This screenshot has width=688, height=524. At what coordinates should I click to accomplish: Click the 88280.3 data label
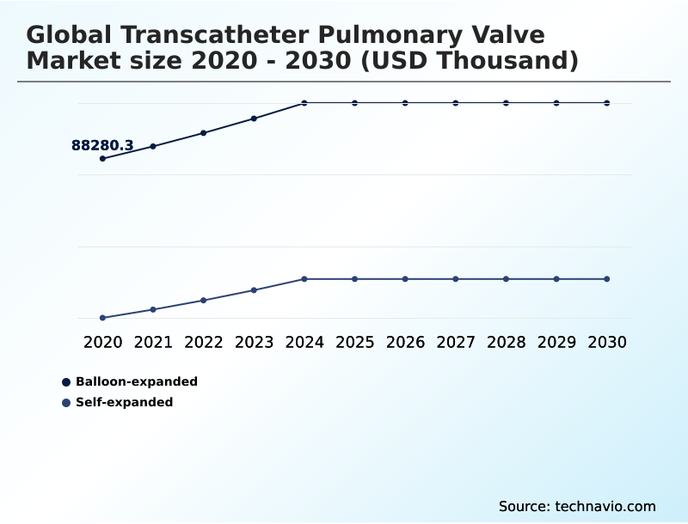pyautogui.click(x=102, y=146)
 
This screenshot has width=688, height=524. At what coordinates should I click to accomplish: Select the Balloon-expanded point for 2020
pyautogui.click(x=103, y=159)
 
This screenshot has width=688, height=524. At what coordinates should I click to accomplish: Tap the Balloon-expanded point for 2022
pyautogui.click(x=204, y=133)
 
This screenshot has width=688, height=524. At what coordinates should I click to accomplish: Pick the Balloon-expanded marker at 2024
pyautogui.click(x=304, y=103)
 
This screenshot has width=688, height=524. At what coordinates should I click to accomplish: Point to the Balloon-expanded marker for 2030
pyautogui.click(x=607, y=103)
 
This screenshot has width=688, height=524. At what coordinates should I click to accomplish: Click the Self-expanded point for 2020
pyautogui.click(x=103, y=318)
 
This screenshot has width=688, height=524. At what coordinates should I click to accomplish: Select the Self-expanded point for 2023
pyautogui.click(x=254, y=290)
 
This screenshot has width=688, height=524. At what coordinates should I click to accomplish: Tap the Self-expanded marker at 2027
pyautogui.click(x=456, y=279)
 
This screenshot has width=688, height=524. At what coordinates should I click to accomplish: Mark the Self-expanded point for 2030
pyautogui.click(x=607, y=279)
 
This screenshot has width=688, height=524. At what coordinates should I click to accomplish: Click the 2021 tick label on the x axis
pyautogui.click(x=153, y=342)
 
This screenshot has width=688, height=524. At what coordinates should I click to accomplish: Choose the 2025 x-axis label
pyautogui.click(x=355, y=342)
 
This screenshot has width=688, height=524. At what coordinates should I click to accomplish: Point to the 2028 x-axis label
pyautogui.click(x=507, y=342)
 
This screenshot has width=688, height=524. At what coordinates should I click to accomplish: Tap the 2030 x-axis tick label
pyautogui.click(x=607, y=342)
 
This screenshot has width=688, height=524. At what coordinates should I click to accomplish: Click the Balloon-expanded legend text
pyautogui.click(x=137, y=381)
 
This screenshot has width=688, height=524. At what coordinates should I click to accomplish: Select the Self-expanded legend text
pyautogui.click(x=125, y=402)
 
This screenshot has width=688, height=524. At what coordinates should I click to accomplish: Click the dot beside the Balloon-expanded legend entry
pyautogui.click(x=66, y=381)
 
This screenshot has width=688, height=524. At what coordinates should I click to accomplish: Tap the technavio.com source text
pyautogui.click(x=605, y=506)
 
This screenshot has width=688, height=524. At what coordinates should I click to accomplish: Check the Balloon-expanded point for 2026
pyautogui.click(x=405, y=103)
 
